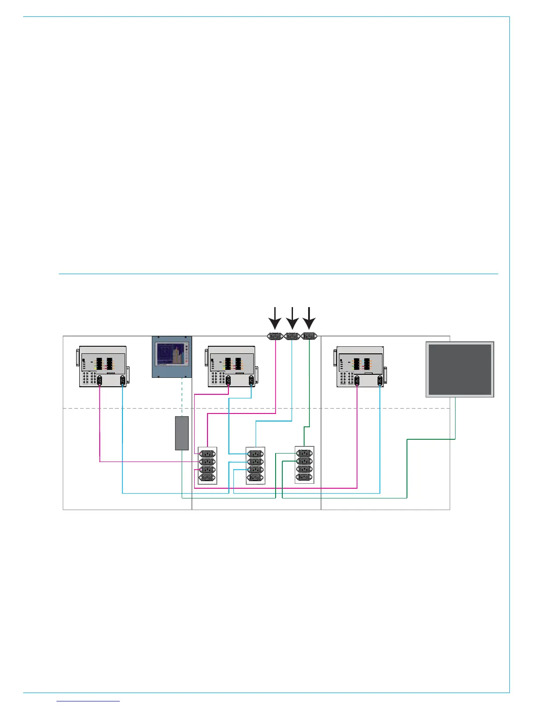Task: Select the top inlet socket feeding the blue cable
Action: (x=292, y=336)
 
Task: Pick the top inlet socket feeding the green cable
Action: (x=309, y=336)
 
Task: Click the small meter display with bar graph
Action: (x=172, y=357)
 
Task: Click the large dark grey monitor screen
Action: (x=460, y=369)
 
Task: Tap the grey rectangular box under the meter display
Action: (x=182, y=433)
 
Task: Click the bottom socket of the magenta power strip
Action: (x=207, y=478)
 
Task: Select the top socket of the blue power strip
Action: (x=256, y=454)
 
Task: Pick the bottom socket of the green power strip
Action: (x=305, y=477)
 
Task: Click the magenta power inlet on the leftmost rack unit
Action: (x=100, y=380)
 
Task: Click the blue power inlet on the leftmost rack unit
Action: (x=122, y=380)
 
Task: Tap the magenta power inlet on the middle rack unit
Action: (x=228, y=380)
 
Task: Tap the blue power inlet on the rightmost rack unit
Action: (x=380, y=380)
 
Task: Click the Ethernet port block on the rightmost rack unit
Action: (x=346, y=378)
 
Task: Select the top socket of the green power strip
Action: (x=305, y=453)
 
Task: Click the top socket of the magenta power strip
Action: (x=207, y=454)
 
